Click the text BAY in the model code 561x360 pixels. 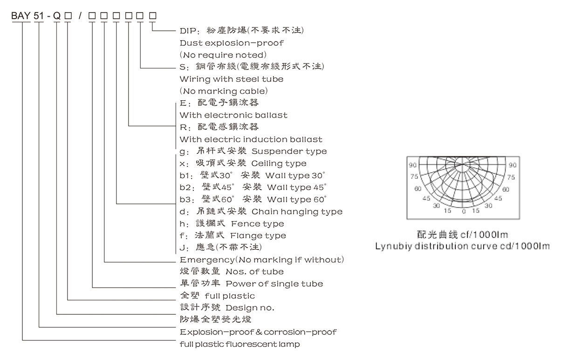[x=21, y=16]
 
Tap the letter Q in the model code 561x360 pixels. [x=57, y=16]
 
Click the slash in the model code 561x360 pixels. [x=80, y=16]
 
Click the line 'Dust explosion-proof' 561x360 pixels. [x=232, y=43]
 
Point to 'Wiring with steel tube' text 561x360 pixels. [x=232, y=79]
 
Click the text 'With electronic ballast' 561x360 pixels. [x=233, y=115]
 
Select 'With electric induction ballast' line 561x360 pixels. [x=251, y=139]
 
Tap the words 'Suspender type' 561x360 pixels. [x=289, y=151]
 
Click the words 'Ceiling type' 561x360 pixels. [x=279, y=163]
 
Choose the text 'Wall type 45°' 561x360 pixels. [x=296, y=187]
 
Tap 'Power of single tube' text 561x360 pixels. [x=274, y=284]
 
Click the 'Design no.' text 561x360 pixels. [x=250, y=308]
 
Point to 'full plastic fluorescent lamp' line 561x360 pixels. [x=240, y=345]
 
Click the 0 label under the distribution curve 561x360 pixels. [x=464, y=211]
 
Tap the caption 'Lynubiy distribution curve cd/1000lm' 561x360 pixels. [x=463, y=246]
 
